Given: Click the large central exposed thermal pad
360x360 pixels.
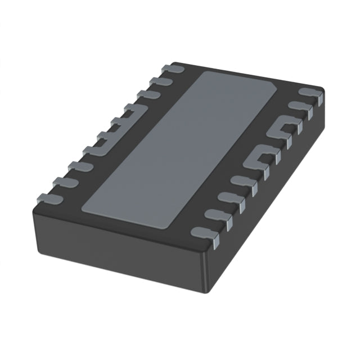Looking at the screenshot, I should (x=180, y=149).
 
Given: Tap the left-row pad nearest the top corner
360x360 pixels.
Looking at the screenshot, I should (x=172, y=69).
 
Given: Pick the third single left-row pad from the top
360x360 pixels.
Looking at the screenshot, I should (x=147, y=94).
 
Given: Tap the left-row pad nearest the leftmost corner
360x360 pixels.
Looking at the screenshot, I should (x=48, y=197).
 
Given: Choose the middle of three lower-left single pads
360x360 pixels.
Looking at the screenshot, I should (x=64, y=182).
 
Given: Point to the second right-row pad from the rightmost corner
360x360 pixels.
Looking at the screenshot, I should (x=298, y=107).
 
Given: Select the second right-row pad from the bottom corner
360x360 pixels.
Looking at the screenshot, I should (x=217, y=213).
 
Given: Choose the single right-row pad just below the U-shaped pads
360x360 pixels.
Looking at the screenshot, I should (x=244, y=181).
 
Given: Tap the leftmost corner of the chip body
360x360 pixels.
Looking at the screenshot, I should (x=33, y=206).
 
